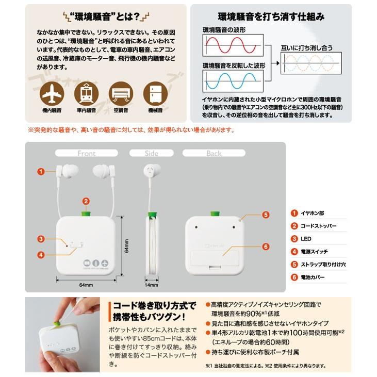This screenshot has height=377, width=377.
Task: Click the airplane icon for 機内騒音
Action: pyautogui.click(x=52, y=94)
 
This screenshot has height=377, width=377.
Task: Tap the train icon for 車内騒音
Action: pyautogui.click(x=86, y=94)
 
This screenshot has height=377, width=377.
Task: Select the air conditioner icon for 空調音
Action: pyautogui.click(x=121, y=94)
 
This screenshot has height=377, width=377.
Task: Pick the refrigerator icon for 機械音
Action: pyautogui.click(x=155, y=94)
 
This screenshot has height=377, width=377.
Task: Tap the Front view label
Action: pyautogui.click(x=87, y=153)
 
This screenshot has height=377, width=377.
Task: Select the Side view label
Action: pyautogui.click(x=151, y=153)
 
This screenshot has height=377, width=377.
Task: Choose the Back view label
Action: pyautogui.click(x=214, y=153)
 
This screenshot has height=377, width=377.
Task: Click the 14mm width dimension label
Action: pyautogui.click(x=151, y=285)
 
